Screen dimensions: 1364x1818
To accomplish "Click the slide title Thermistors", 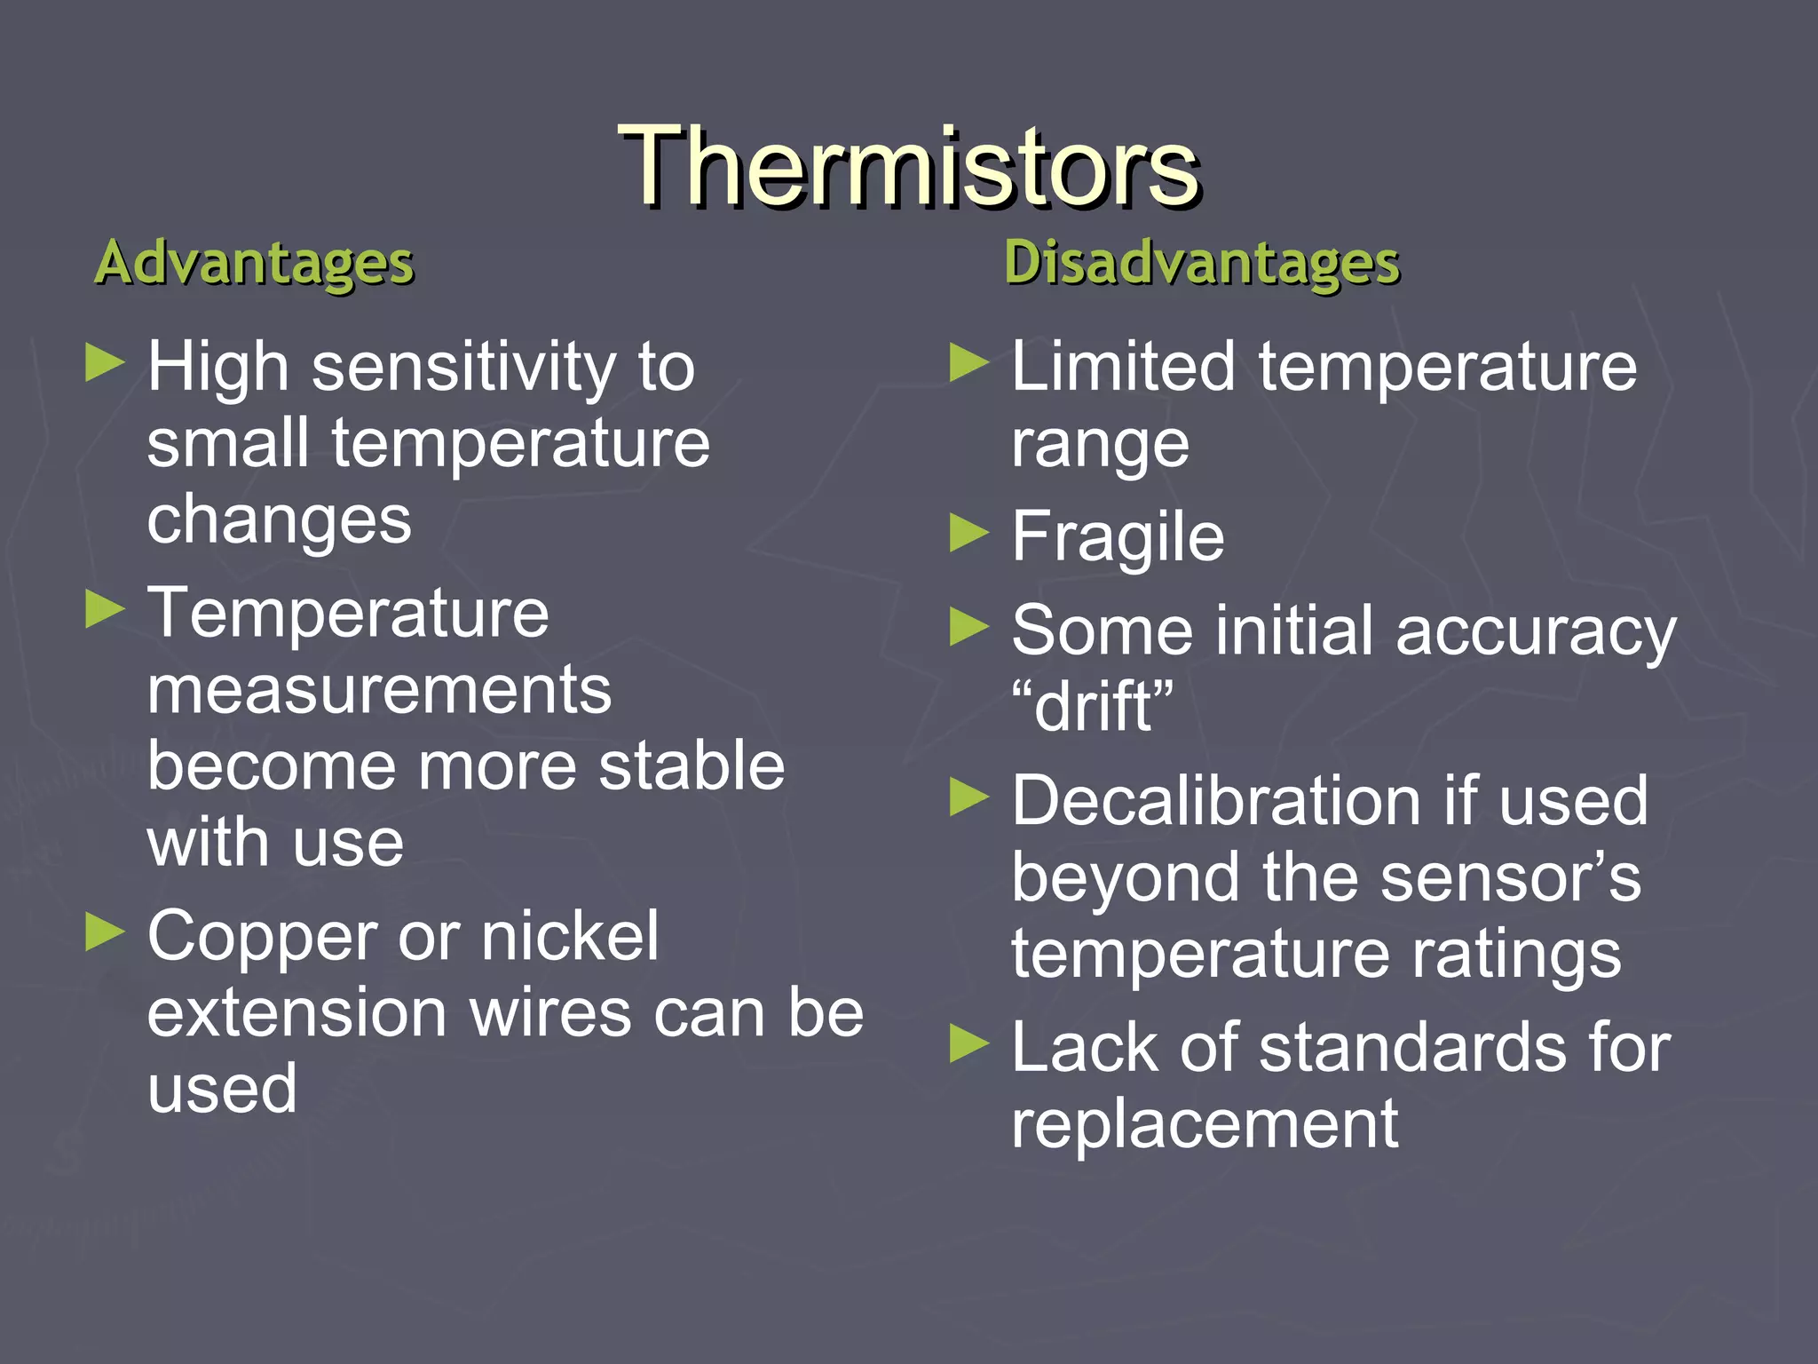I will click(909, 167).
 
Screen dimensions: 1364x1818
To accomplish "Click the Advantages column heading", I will click(255, 263).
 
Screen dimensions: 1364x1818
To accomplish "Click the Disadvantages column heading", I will click(1202, 263).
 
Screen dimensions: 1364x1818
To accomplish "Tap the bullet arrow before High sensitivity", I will click(105, 363).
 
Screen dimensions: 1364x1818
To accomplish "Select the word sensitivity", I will click(462, 368).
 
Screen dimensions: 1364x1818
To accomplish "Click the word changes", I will click(279, 520).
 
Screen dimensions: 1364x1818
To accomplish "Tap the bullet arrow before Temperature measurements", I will click(105, 610).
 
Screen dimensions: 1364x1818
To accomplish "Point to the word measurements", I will click(379, 691).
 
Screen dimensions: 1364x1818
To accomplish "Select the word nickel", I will click(569, 936).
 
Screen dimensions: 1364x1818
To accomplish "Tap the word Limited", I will click(1123, 367).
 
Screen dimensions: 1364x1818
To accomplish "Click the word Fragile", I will click(1118, 538).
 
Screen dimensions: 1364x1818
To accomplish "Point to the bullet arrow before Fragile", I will click(968, 534).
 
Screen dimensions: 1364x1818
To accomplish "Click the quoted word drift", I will click(1093, 707).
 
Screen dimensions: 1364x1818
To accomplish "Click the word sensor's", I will click(1510, 877).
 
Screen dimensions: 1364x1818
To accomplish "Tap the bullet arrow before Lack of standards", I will click(968, 1043).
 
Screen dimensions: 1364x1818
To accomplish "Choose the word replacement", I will click(1205, 1124).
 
